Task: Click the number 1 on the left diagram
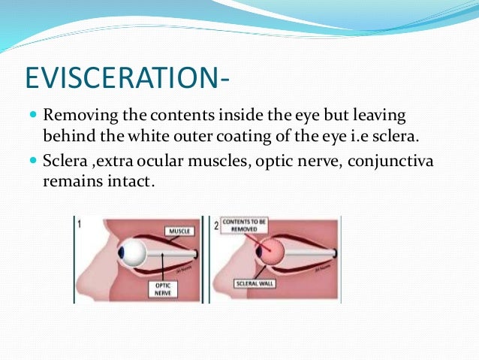coord(80,222)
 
